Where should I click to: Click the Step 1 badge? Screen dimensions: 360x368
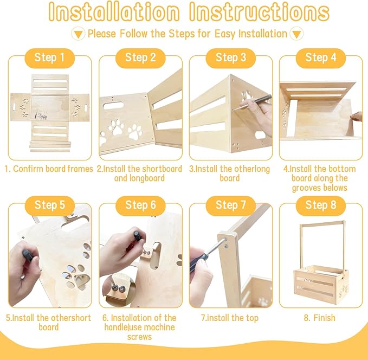[x=49, y=57]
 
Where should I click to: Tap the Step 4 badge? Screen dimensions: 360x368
[x=320, y=57]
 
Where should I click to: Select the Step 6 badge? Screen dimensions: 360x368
[x=140, y=205]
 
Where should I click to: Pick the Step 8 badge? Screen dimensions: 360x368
[x=320, y=205]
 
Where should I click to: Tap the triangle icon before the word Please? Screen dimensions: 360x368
[x=79, y=34]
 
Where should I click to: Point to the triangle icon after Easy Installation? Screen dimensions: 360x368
[x=296, y=34]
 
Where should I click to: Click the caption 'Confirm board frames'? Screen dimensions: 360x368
[x=53, y=169]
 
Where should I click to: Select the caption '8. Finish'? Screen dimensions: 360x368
[x=319, y=318]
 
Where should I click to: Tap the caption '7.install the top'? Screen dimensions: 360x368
[x=230, y=318]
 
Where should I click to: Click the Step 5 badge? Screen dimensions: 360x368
[x=49, y=205]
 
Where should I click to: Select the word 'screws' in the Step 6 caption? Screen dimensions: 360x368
[x=140, y=337]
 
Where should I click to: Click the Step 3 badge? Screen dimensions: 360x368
[x=230, y=57]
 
